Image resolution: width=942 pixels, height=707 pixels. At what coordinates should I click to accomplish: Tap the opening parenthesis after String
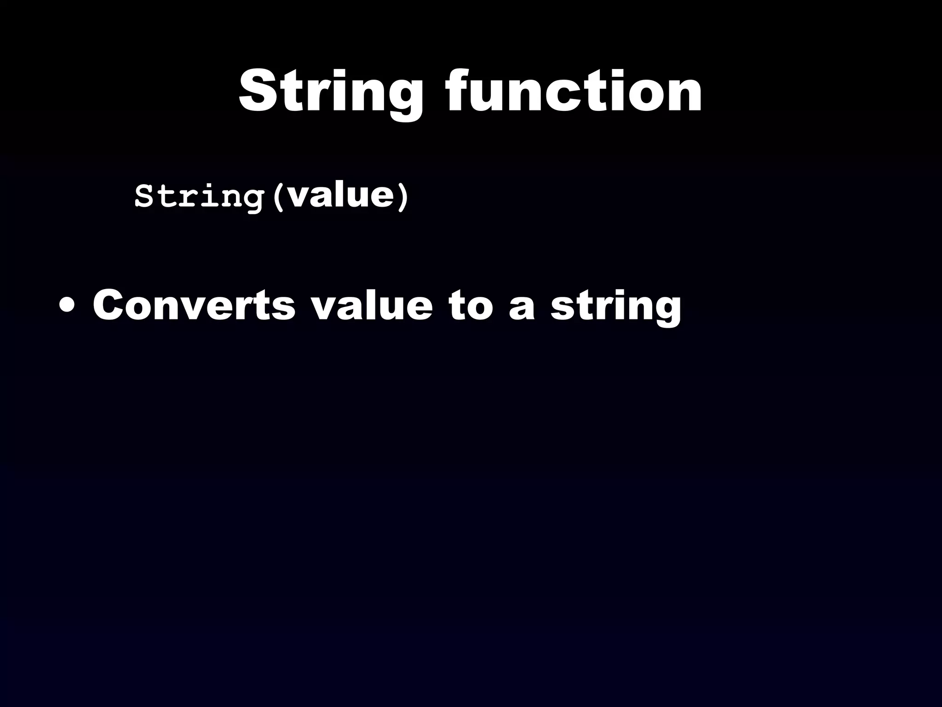(x=277, y=197)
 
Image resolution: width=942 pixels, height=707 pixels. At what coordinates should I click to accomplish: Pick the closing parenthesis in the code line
(x=402, y=197)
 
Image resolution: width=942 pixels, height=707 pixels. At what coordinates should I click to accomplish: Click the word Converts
(x=194, y=305)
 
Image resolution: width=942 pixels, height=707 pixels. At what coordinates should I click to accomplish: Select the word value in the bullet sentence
(x=372, y=305)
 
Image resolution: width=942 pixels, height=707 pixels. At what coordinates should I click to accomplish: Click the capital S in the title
(x=258, y=91)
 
